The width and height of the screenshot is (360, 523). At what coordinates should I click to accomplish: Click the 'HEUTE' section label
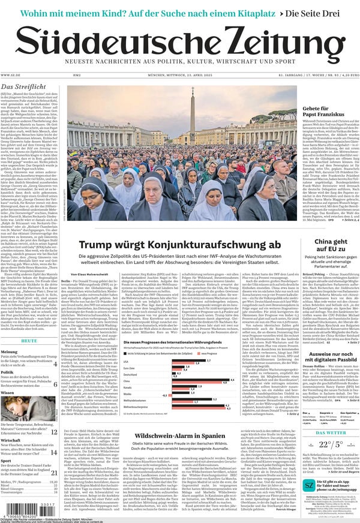[29, 341]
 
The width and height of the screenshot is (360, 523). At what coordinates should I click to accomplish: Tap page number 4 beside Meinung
[55, 363]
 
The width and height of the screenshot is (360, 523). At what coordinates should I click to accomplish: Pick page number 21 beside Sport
[53, 473]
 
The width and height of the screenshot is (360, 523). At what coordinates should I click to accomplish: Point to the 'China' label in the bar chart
[127, 380]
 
